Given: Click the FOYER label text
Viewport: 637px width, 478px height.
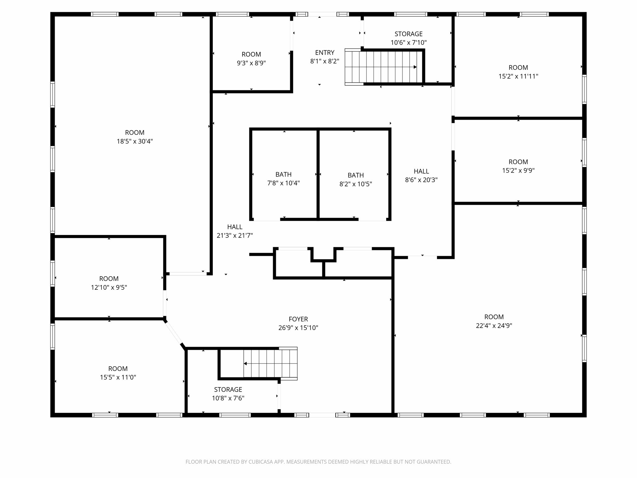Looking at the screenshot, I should point(298,319).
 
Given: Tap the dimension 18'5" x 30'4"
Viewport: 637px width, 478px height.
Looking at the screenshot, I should point(135,141).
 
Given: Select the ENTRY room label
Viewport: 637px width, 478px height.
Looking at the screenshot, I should point(324,53).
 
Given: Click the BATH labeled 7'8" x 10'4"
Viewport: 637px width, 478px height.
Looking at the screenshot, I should point(283,179).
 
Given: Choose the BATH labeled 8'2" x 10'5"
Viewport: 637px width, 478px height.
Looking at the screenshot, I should point(356,180).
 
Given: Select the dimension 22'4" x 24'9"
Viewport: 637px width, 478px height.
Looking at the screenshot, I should point(494,326).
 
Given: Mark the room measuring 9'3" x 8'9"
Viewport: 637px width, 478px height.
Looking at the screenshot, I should point(251,59).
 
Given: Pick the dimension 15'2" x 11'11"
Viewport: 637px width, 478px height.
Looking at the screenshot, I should point(518,76).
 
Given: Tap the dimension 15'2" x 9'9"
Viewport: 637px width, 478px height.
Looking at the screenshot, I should point(518,171).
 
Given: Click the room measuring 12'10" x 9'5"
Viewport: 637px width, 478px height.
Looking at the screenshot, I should point(109,283).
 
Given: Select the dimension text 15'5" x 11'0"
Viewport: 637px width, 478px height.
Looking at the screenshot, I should point(118,377).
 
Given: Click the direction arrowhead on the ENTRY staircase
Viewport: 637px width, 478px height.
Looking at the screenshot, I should point(415,67).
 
